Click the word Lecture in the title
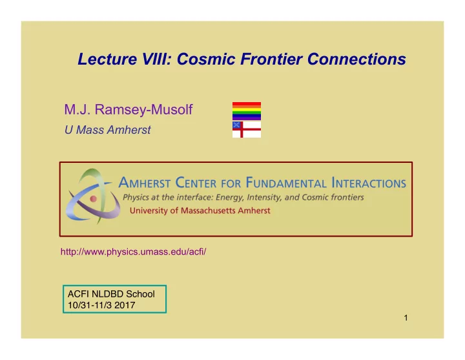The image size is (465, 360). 107,59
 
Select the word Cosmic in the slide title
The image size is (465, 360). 206,59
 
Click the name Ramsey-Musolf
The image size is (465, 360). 143,109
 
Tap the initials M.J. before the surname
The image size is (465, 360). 77,109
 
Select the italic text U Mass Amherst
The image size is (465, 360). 108,130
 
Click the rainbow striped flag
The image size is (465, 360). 247,111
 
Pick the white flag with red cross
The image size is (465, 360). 247,129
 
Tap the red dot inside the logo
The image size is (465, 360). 94,199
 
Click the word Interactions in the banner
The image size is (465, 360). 369,182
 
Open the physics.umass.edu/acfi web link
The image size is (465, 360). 133,251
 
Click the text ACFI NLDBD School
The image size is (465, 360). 111,294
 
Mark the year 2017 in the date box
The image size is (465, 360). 125,305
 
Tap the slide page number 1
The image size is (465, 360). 406,318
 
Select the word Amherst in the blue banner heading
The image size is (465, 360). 145,182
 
